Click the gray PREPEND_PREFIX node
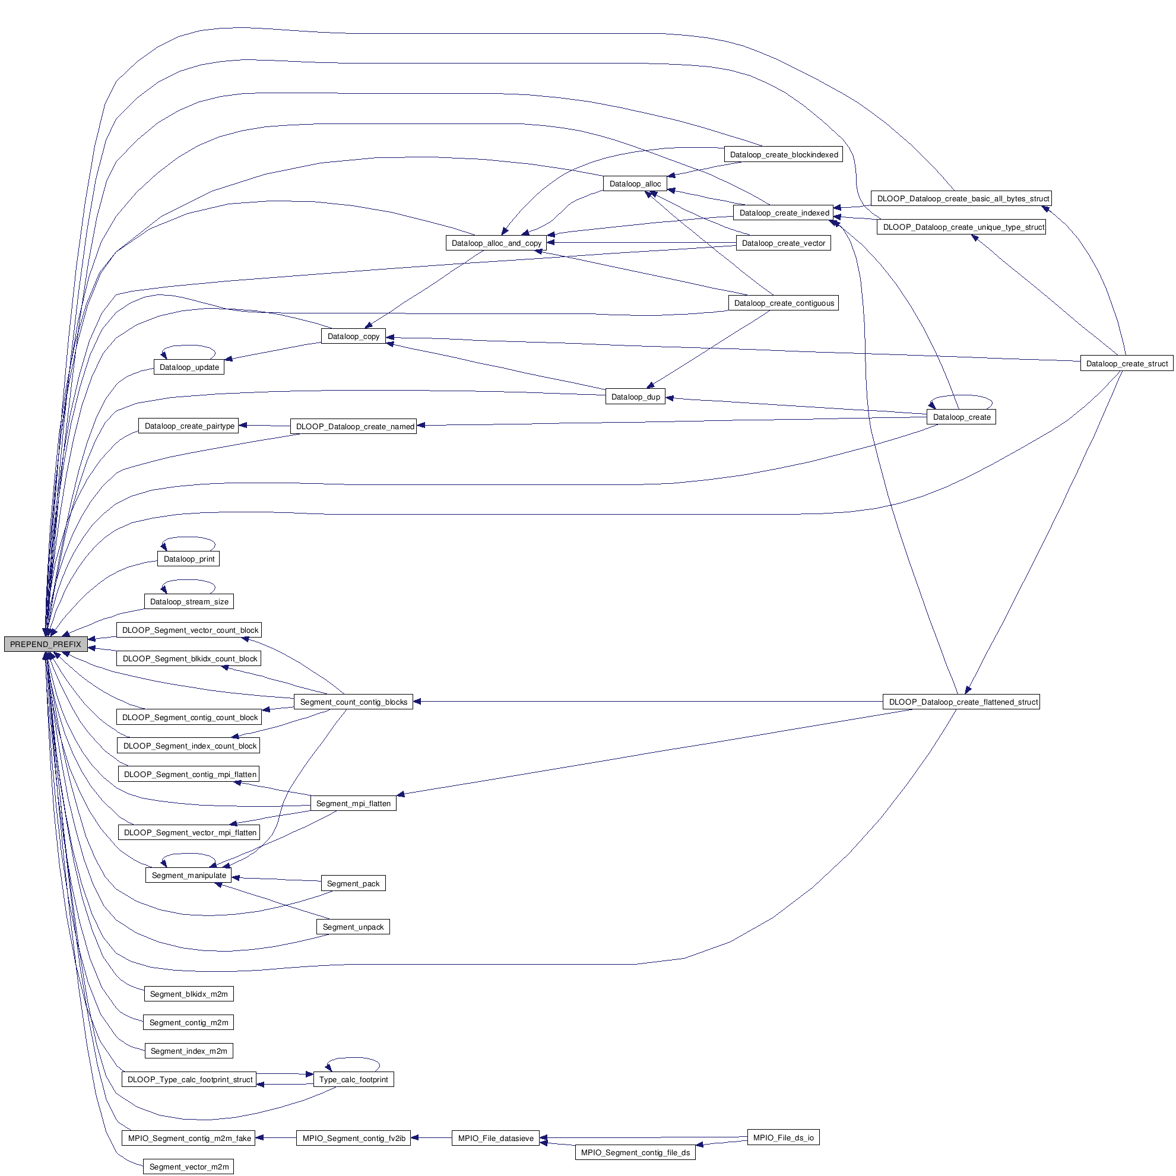(45, 644)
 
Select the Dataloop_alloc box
(635, 184)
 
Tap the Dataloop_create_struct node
(1126, 364)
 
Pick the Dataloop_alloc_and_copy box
(496, 243)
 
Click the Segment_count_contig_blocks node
(353, 702)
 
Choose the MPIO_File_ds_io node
(783, 1137)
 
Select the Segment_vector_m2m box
(189, 1167)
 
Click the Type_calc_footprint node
(353, 1079)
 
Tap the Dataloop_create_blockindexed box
(784, 154)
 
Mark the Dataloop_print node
(189, 559)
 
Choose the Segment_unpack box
(353, 927)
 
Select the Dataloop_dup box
(635, 397)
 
